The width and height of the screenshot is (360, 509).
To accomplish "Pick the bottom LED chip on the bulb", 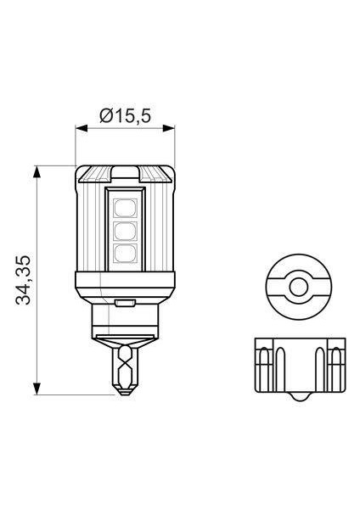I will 124,253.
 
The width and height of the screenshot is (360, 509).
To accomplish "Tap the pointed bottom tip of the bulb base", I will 124,391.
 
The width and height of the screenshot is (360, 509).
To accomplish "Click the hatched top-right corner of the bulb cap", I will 160,176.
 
